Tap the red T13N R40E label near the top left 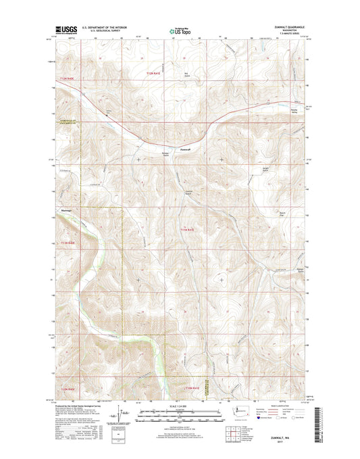[x=64, y=80]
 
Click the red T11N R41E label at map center [x=187, y=231]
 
